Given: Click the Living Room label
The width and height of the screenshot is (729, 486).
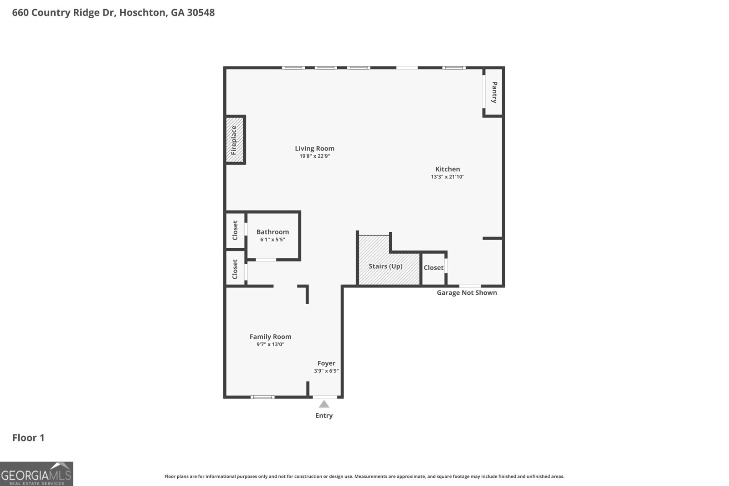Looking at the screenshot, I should (314, 148).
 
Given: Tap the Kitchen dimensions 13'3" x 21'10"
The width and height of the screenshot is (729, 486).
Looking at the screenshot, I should (447, 177).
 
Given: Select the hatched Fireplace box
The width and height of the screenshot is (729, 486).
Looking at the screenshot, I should (235, 140).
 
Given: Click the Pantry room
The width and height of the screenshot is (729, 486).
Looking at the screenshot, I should (494, 92).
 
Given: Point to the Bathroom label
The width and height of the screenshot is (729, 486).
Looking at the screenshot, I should (272, 232).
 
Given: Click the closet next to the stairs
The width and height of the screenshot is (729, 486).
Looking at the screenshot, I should (433, 268).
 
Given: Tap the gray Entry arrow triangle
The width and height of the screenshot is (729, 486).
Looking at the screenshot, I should (324, 404).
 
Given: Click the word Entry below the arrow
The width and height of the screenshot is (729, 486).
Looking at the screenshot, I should (324, 415).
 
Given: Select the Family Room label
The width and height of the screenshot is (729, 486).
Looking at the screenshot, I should (270, 337).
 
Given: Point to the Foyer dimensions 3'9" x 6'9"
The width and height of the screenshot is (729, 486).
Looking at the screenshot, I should (326, 371).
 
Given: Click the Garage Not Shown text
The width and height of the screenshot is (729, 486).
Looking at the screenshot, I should (467, 292).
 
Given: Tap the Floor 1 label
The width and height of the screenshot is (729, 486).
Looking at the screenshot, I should (28, 438).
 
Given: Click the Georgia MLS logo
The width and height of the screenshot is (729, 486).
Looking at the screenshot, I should (36, 474).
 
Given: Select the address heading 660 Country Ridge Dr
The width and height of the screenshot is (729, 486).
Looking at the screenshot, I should (113, 13).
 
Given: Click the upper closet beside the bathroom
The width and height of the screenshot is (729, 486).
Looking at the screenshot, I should (235, 230).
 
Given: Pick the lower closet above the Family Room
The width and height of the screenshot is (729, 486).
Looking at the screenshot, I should (235, 269).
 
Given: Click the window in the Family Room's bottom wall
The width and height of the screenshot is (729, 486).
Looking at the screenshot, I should (262, 397).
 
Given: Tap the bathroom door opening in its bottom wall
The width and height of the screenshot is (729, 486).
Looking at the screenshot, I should (266, 260).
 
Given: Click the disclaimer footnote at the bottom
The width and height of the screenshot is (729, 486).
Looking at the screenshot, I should (364, 476).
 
